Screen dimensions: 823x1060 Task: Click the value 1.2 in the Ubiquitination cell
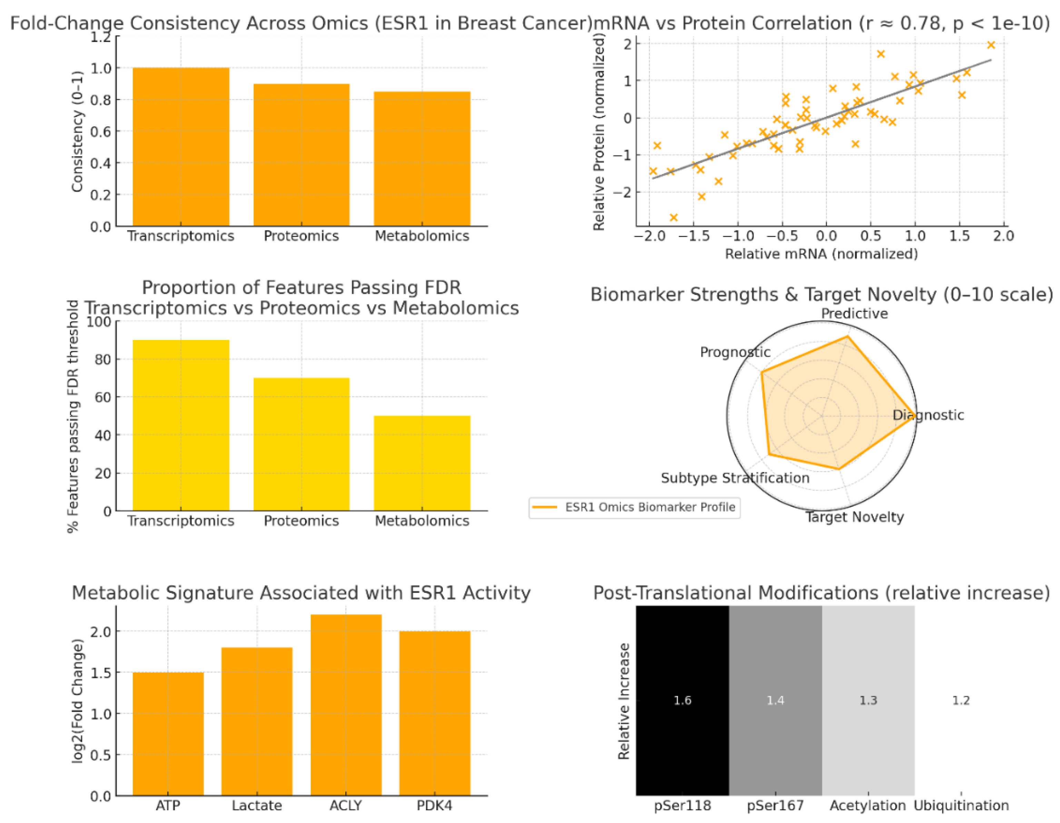[x=961, y=701]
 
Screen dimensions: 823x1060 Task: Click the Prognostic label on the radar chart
[x=734, y=352]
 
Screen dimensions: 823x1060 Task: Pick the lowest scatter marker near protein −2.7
[x=673, y=217]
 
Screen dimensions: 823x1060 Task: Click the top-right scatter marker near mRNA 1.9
[x=991, y=45]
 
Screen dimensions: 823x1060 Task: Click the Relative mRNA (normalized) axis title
[x=821, y=254]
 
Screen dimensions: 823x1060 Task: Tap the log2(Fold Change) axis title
[x=77, y=701]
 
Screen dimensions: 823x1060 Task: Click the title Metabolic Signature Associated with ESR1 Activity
[x=301, y=593]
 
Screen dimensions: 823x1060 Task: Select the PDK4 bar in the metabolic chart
[x=434, y=713]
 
